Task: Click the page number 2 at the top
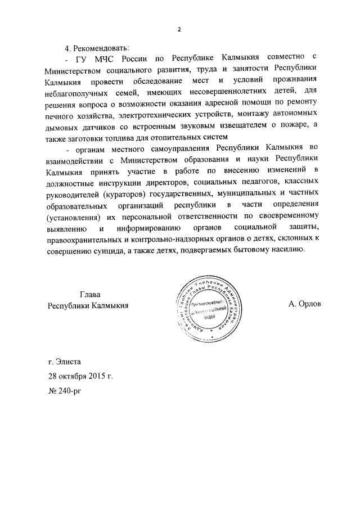[x=179, y=30]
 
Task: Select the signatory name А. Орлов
[x=304, y=304]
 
